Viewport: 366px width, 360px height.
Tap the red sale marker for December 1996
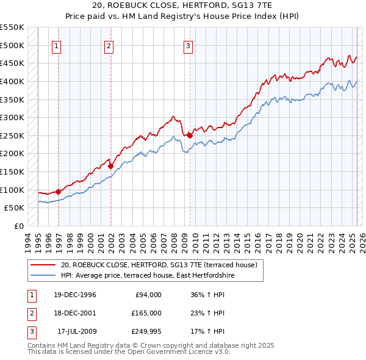point(59,192)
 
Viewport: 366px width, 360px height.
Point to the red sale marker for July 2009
point(190,135)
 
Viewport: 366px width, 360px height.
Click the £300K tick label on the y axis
point(12,117)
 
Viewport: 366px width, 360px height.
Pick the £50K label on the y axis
point(15,208)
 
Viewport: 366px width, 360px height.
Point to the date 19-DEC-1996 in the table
point(71,295)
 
